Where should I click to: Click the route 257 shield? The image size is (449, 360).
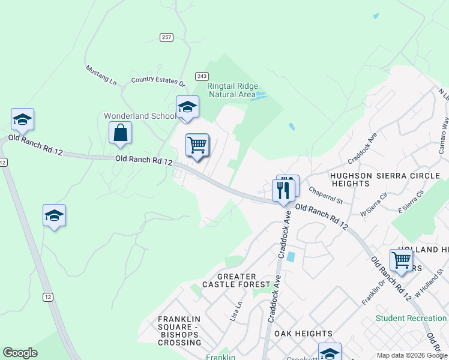(x=167, y=37)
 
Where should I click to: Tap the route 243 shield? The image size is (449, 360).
(x=202, y=76)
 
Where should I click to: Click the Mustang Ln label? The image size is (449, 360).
(x=100, y=74)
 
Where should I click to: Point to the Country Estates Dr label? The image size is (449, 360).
(x=158, y=80)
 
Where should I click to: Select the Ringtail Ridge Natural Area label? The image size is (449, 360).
(x=231, y=90)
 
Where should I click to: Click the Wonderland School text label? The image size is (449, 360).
(x=140, y=116)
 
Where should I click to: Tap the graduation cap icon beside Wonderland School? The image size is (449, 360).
(x=187, y=107)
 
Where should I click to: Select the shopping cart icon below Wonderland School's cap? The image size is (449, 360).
(x=197, y=145)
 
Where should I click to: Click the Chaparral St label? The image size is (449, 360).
(x=325, y=194)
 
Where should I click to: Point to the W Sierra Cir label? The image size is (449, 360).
(x=374, y=204)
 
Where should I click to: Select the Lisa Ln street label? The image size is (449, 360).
(x=236, y=312)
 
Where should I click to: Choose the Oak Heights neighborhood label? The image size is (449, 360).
(x=303, y=333)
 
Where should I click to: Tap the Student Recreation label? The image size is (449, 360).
(x=412, y=318)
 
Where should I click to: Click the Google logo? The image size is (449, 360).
(x=20, y=353)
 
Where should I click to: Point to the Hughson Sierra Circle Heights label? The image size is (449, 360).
(x=369, y=180)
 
